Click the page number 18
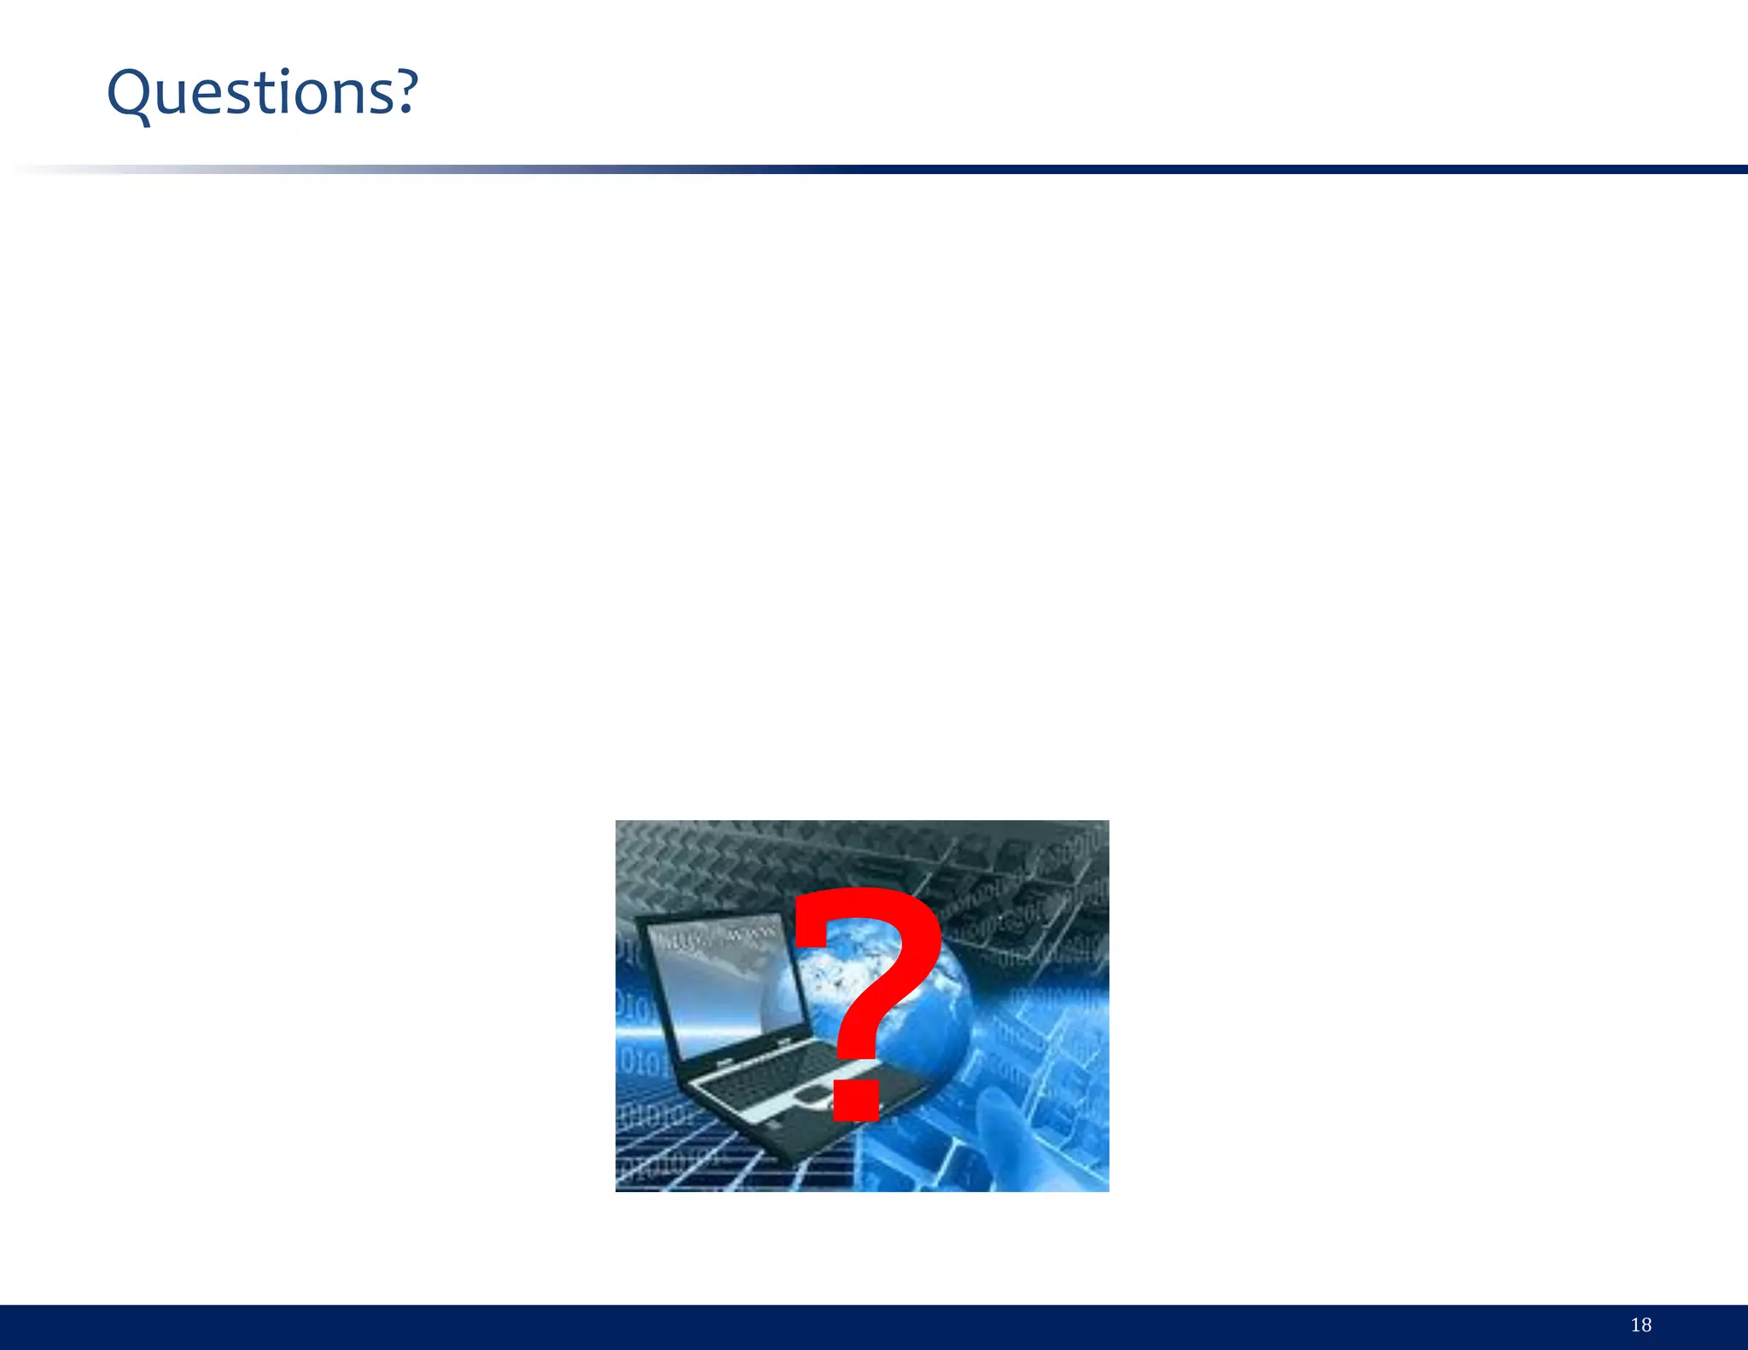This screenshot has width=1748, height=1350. coord(1640,1325)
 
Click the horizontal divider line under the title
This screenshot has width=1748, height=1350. coord(1024,170)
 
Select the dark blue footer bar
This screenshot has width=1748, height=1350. coord(854,1327)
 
